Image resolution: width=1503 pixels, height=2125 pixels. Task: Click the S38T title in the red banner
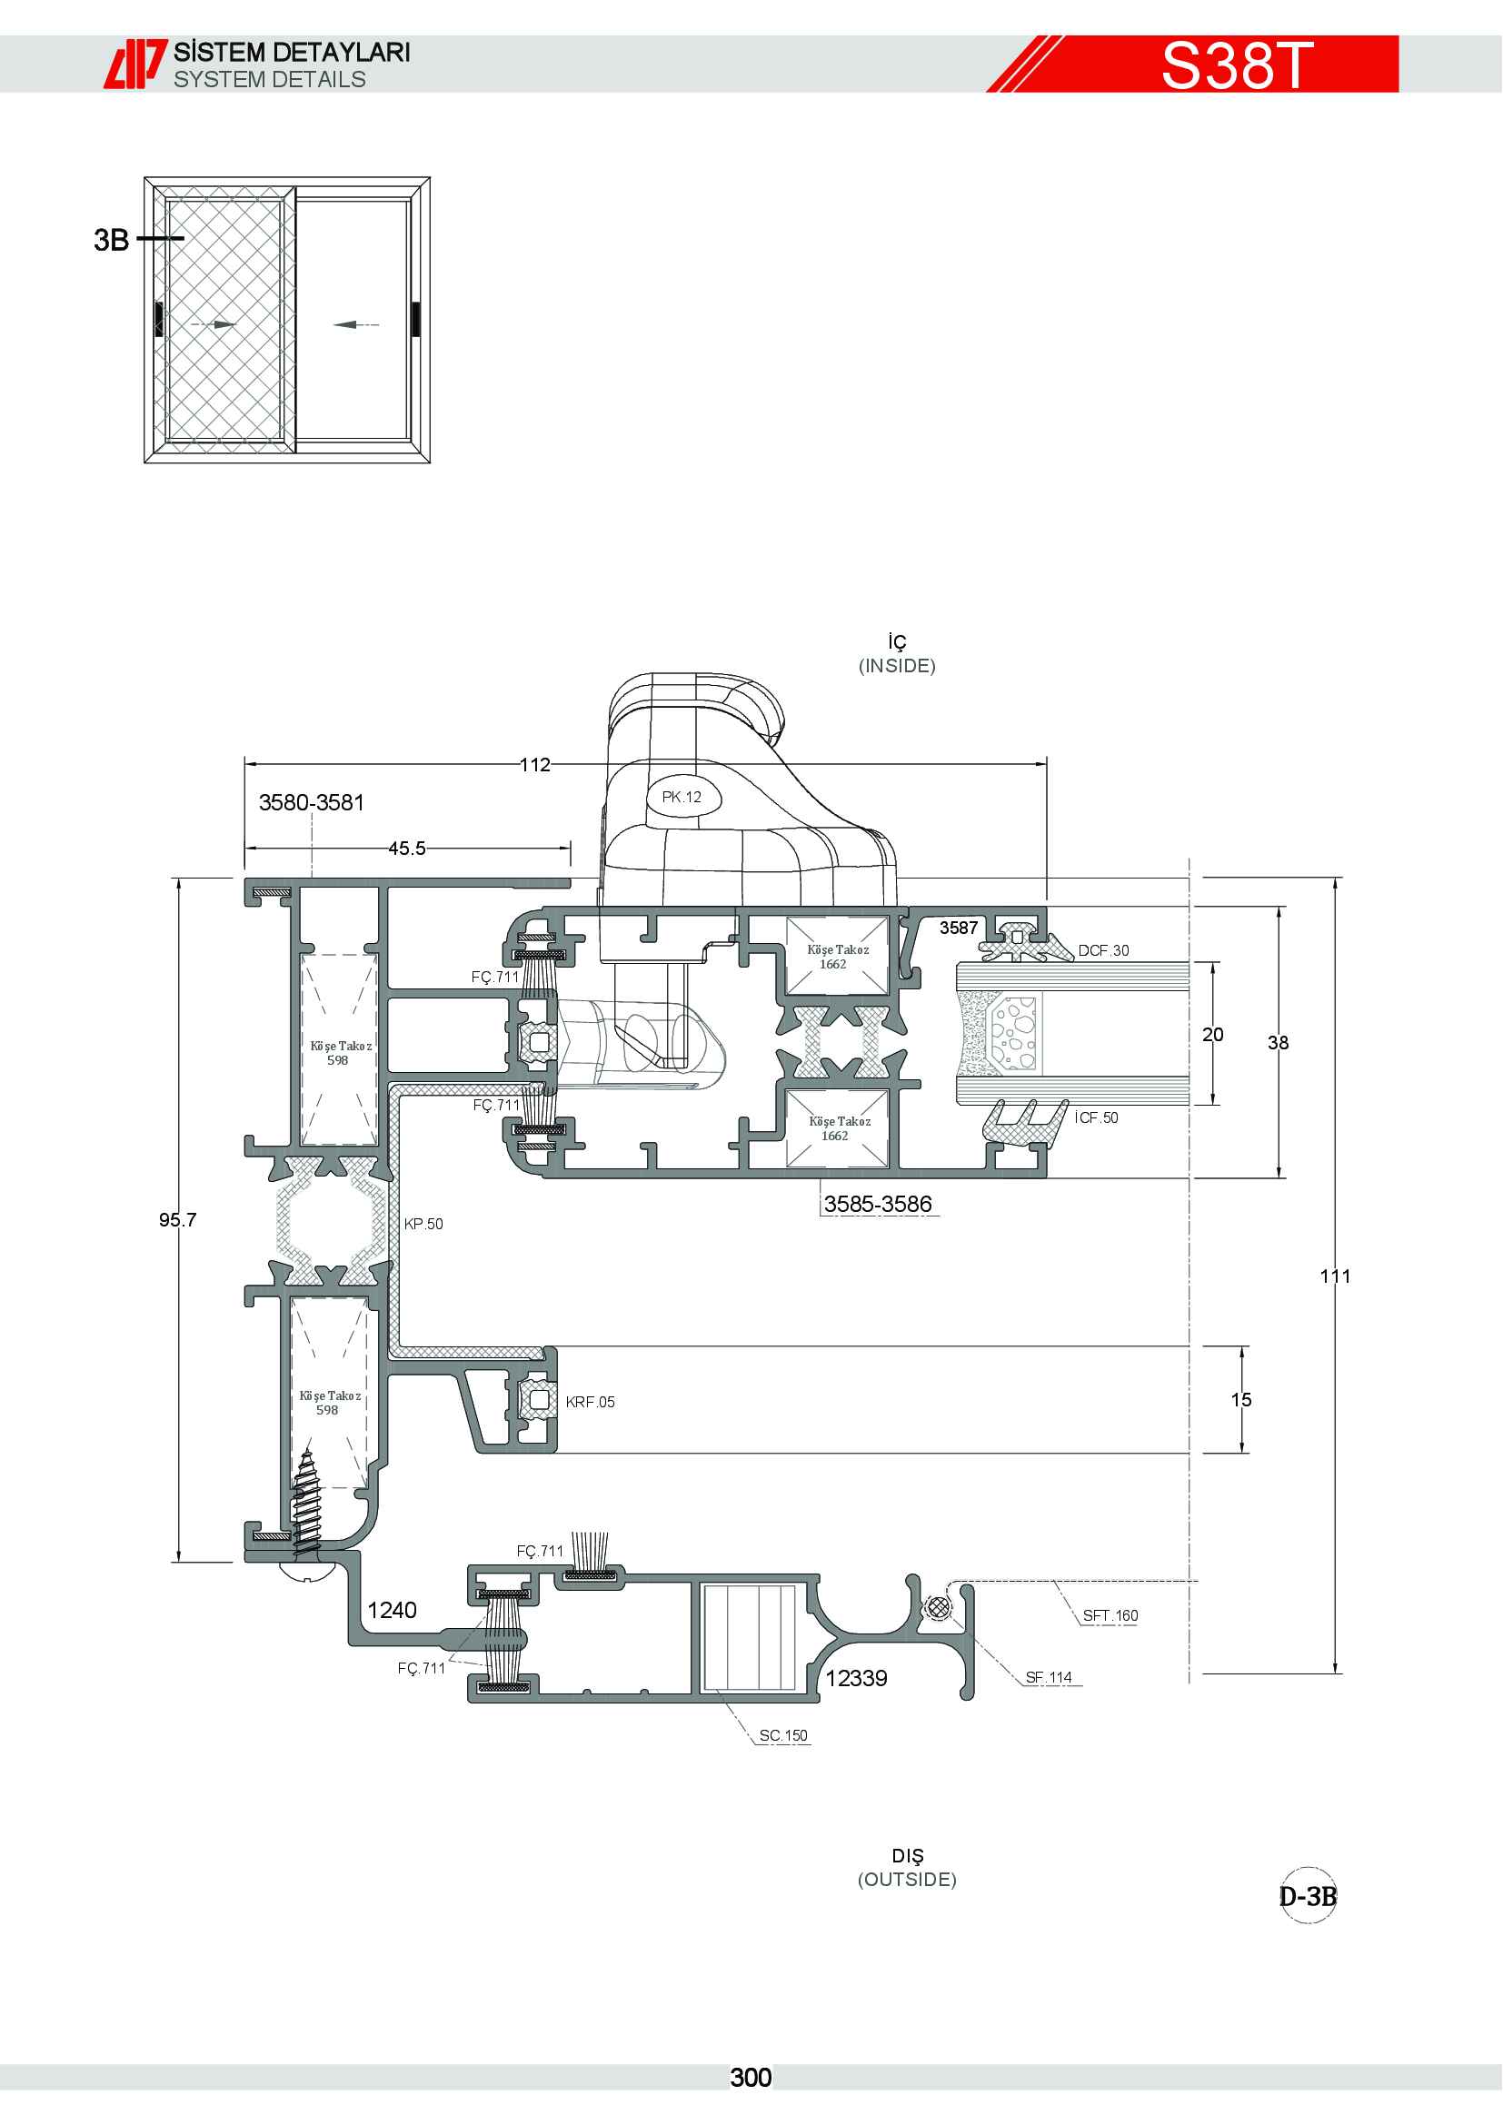pyautogui.click(x=1237, y=65)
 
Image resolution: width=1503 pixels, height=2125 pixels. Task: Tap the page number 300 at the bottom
pyautogui.click(x=751, y=2078)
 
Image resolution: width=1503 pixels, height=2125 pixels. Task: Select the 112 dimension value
pyautogui.click(x=535, y=764)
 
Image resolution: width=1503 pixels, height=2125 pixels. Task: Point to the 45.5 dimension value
pyautogui.click(x=407, y=848)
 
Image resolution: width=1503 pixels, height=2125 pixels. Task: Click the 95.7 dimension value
pyautogui.click(x=178, y=1219)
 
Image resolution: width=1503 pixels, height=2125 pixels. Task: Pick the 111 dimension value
pyautogui.click(x=1335, y=1276)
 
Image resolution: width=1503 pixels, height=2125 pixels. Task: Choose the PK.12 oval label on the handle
pyautogui.click(x=682, y=797)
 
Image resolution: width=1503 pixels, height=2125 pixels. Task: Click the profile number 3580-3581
pyautogui.click(x=312, y=802)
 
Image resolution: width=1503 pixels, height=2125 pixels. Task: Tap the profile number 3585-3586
pyautogui.click(x=878, y=1203)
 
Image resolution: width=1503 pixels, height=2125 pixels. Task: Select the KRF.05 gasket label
pyautogui.click(x=591, y=1402)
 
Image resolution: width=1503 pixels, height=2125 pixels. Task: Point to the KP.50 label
pyautogui.click(x=423, y=1224)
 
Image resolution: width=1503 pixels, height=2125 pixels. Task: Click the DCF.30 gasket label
pyautogui.click(x=1103, y=950)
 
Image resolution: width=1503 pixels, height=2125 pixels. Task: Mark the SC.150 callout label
pyautogui.click(x=783, y=1735)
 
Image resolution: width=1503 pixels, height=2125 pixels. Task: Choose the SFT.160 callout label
pyautogui.click(x=1110, y=1616)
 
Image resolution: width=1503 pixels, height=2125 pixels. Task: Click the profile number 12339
pyautogui.click(x=856, y=1679)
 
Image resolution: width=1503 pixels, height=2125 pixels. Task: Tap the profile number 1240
pyautogui.click(x=393, y=1611)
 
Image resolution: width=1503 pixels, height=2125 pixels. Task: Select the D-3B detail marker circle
pyautogui.click(x=1308, y=1896)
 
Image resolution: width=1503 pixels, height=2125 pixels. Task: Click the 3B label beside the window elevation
pyautogui.click(x=111, y=241)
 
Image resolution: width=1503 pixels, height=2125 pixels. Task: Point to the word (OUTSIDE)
pyautogui.click(x=907, y=1880)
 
